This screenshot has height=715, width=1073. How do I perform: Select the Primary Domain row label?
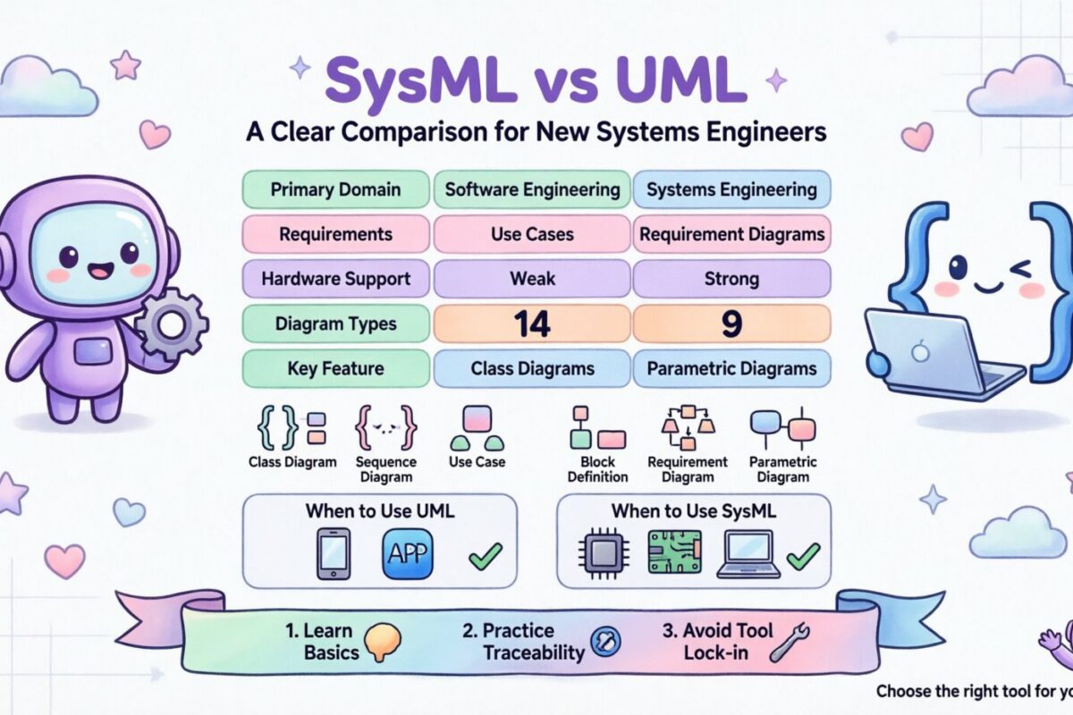[x=335, y=189]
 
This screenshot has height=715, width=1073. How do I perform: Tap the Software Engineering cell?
[x=532, y=189]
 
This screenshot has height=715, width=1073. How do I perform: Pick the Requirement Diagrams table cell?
[x=731, y=234]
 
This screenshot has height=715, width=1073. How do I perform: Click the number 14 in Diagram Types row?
[x=532, y=324]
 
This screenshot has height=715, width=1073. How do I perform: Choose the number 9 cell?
[x=731, y=324]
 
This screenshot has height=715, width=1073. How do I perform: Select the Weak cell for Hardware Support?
[x=532, y=279]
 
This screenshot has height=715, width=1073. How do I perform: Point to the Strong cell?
[x=731, y=279]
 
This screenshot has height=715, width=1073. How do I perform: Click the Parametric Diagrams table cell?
[x=731, y=368]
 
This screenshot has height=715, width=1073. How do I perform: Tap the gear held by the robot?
[x=171, y=323]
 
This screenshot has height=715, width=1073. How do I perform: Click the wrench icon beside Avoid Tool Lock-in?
[x=788, y=642]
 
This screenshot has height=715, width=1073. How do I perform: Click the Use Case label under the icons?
[x=477, y=462]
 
